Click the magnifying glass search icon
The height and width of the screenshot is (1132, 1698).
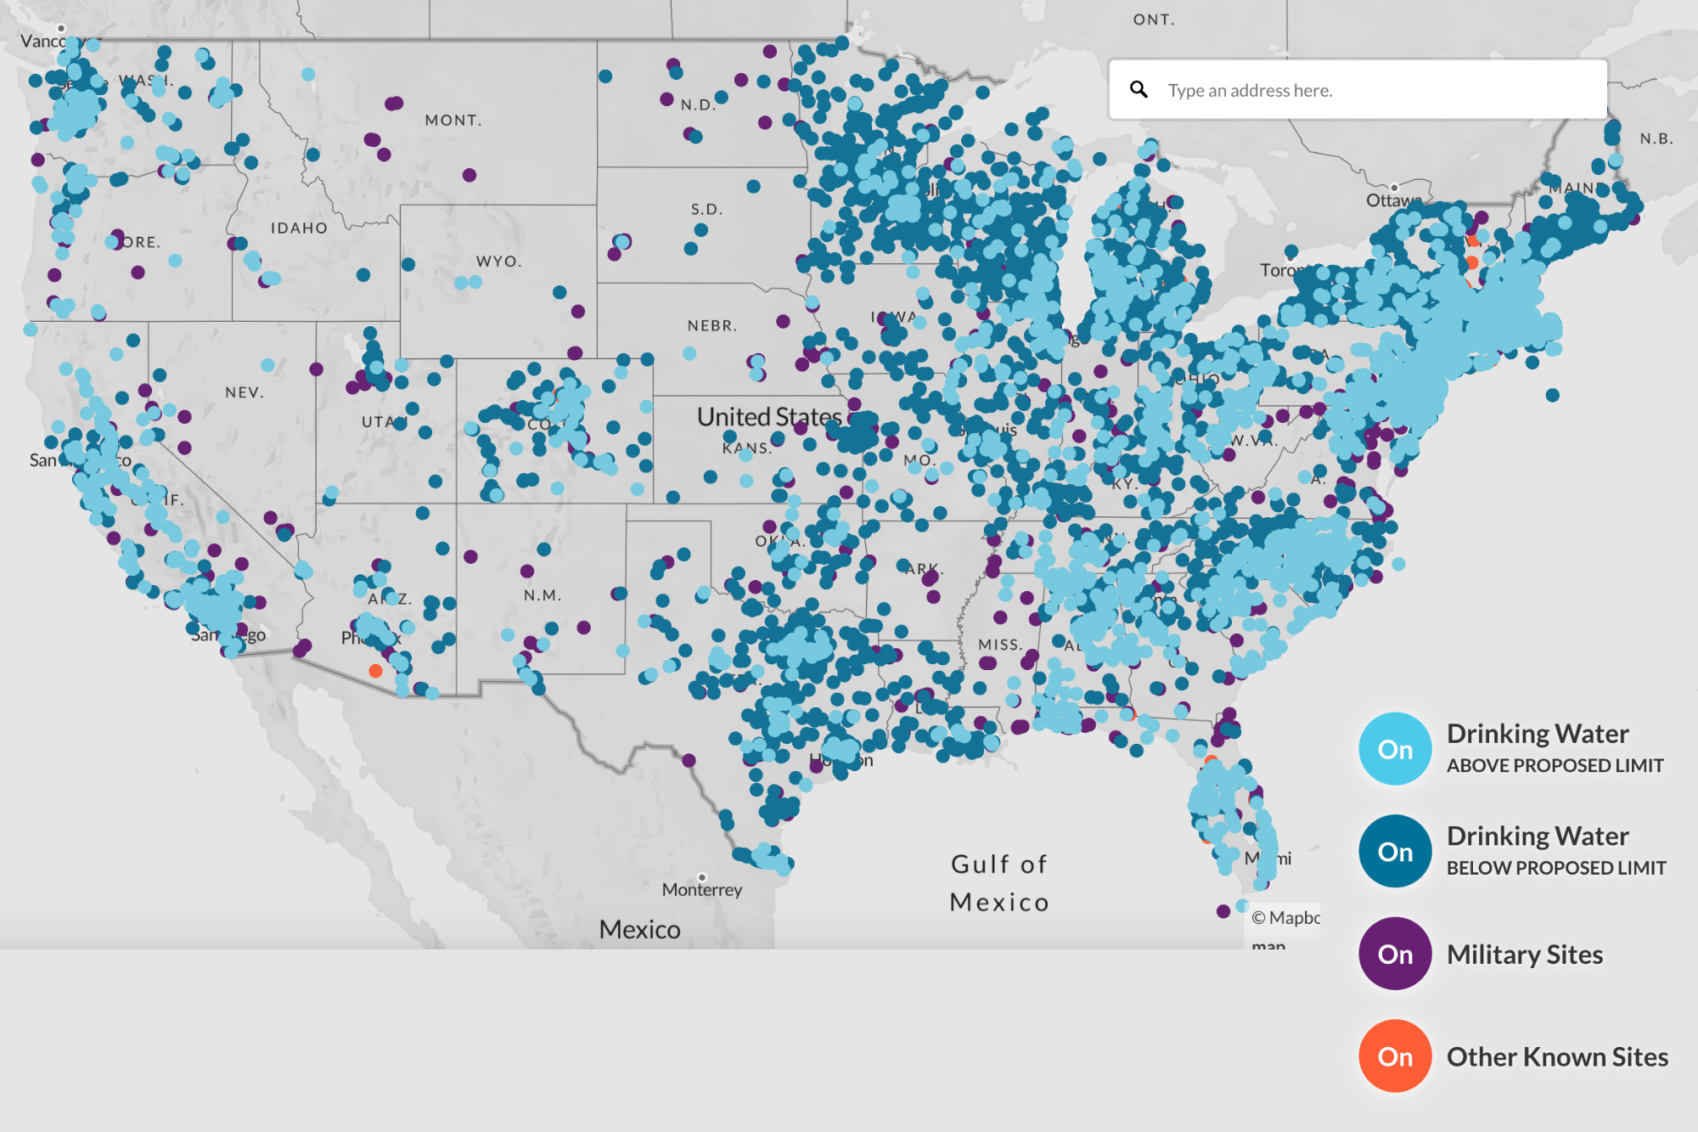(x=1139, y=89)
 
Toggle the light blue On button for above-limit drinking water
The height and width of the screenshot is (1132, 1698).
(x=1395, y=749)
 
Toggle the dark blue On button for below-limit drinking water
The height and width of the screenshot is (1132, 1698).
(x=1395, y=852)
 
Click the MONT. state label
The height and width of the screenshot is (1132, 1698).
(x=453, y=121)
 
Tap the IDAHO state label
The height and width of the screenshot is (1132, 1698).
(x=299, y=228)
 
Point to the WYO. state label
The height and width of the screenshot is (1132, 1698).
(x=498, y=262)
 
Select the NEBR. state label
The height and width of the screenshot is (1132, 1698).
(x=711, y=325)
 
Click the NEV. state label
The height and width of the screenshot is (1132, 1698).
(x=245, y=392)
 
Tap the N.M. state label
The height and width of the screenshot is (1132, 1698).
(x=542, y=595)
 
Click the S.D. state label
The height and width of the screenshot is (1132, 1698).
(x=706, y=209)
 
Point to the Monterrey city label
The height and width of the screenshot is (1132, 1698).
(x=702, y=890)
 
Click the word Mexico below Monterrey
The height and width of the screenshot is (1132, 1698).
(x=639, y=929)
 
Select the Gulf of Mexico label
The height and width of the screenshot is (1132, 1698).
(x=999, y=883)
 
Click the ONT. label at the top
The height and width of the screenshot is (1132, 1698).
(x=1154, y=20)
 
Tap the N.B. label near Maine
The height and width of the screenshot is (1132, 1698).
(x=1656, y=138)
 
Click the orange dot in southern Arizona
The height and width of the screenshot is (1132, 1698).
(x=375, y=671)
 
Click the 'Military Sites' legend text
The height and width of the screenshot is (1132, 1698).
(x=1524, y=955)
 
